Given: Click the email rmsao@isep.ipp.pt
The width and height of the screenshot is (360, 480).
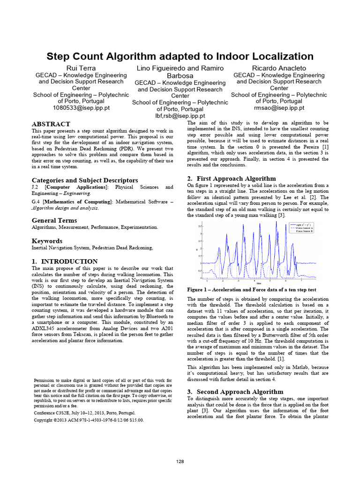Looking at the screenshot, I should click(x=279, y=107).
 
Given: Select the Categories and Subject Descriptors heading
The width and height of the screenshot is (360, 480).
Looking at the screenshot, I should click(x=85, y=180).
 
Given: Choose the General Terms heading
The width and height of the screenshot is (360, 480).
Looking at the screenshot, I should click(x=54, y=220).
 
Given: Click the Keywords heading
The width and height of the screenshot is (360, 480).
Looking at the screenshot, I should click(x=47, y=241).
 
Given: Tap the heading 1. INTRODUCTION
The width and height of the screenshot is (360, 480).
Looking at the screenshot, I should click(x=65, y=261).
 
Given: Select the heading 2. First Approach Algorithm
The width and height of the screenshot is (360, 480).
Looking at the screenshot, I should click(x=232, y=178).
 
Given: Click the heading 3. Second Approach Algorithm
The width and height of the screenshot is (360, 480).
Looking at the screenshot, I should click(x=235, y=391).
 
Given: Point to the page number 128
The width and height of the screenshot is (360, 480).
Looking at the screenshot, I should click(x=180, y=462).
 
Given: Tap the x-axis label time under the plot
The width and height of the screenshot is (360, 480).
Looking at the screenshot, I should click(x=259, y=283).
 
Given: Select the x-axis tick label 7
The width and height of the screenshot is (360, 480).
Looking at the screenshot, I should click(x=301, y=280).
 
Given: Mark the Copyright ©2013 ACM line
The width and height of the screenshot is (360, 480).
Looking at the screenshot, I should click(x=89, y=420).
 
